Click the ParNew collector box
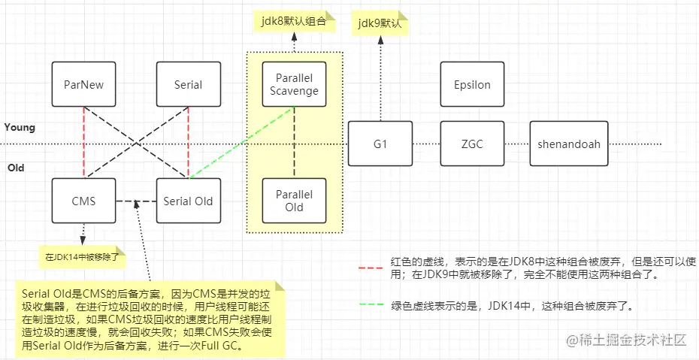pyautogui.click(x=83, y=84)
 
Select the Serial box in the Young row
pyautogui.click(x=188, y=84)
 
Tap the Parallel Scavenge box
pyautogui.click(x=295, y=84)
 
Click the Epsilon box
pyautogui.click(x=472, y=84)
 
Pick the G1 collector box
pyautogui.click(x=380, y=144)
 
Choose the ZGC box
pyautogui.click(x=472, y=144)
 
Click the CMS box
pyautogui.click(x=83, y=201)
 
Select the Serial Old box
pyautogui.click(x=188, y=201)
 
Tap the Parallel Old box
pyautogui.click(x=295, y=201)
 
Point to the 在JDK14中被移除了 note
pyautogui.click(x=81, y=257)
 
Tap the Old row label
pyautogui.click(x=15, y=168)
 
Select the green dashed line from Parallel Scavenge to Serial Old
pyautogui.click(x=241, y=143)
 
